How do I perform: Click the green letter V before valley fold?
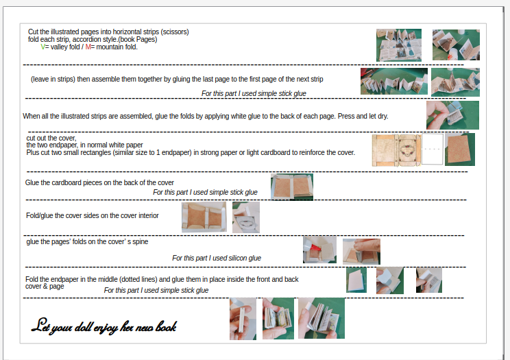(x=43, y=47)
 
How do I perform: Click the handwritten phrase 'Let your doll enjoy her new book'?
(x=104, y=326)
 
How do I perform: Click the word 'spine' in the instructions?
(x=141, y=242)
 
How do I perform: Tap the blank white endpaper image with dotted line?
(x=433, y=149)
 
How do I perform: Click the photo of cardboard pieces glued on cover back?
(x=292, y=187)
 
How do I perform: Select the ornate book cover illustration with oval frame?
(x=396, y=150)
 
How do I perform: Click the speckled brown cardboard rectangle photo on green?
(x=460, y=149)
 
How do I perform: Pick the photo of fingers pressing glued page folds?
(x=452, y=115)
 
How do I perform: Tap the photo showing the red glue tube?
(x=319, y=250)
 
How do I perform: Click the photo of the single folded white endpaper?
(x=356, y=280)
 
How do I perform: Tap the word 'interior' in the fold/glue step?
(x=149, y=215)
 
